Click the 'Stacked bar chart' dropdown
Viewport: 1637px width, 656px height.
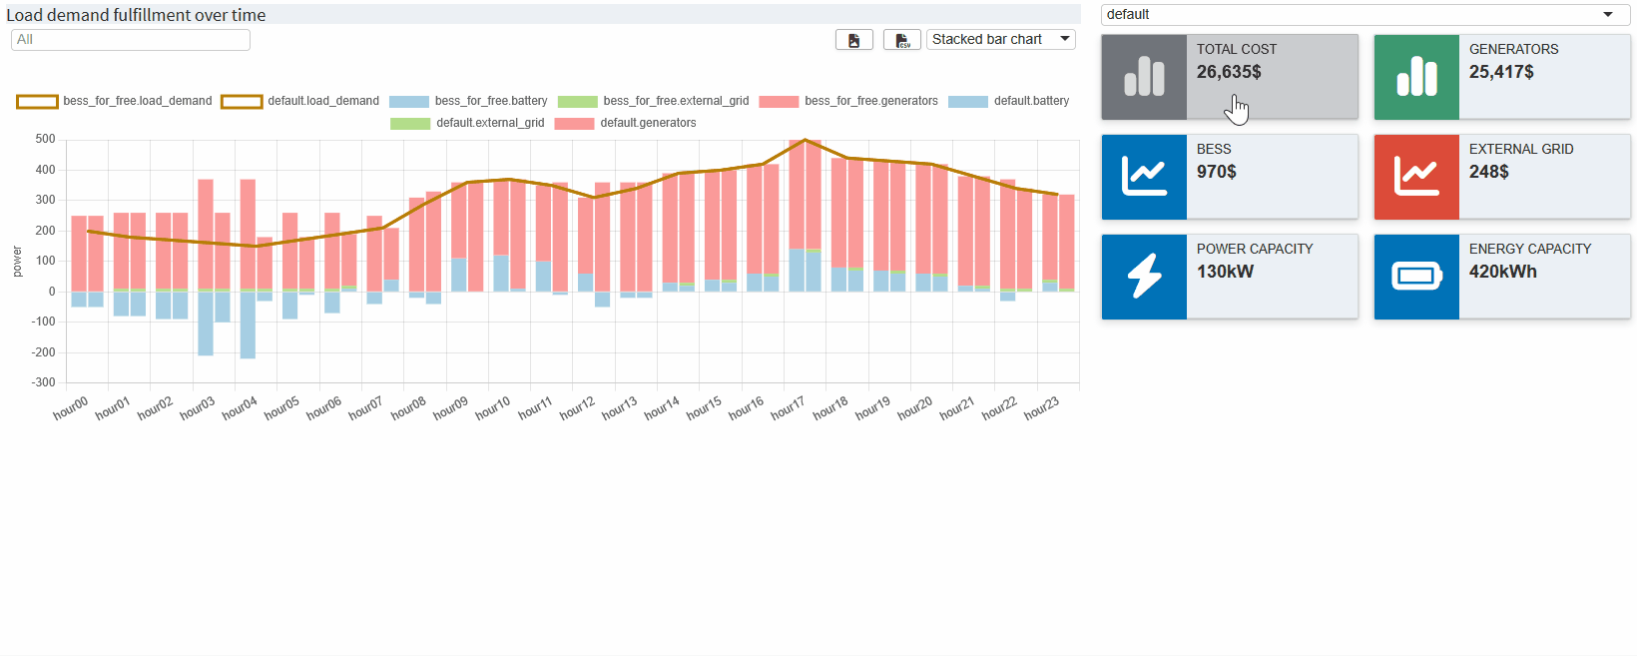tap(1000, 39)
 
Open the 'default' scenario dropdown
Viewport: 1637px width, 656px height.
tap(1364, 14)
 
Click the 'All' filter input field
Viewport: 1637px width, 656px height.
tap(130, 39)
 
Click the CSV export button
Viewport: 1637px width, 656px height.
tap(902, 39)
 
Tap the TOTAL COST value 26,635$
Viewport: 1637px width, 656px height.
tap(1229, 72)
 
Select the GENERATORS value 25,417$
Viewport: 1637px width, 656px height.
tap(1501, 72)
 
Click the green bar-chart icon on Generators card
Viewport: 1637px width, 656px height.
tap(1416, 77)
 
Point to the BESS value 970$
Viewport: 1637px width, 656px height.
tap(1217, 172)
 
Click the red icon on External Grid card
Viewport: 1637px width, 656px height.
tap(1416, 177)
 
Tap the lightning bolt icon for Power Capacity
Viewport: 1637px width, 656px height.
tap(1144, 277)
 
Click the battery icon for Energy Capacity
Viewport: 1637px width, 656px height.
tap(1416, 277)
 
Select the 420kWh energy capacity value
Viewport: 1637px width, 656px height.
tap(1502, 272)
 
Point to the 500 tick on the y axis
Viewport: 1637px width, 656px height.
tap(45, 139)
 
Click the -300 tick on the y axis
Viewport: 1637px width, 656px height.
tap(43, 382)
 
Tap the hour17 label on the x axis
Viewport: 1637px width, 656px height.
tap(788, 408)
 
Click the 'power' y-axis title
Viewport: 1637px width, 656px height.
tap(17, 262)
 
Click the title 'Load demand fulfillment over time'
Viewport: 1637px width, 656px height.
tap(136, 15)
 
